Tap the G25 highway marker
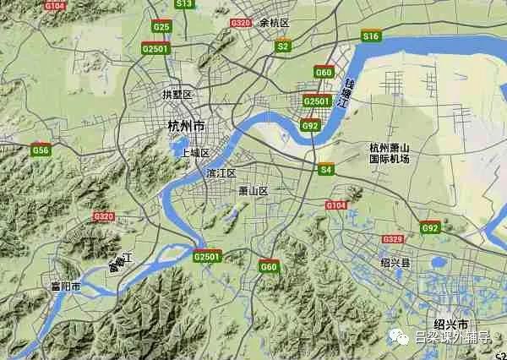point(161,28)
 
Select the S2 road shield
point(283,46)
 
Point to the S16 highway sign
point(370,36)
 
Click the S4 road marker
point(326,170)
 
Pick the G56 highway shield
point(41,150)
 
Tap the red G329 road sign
point(391,239)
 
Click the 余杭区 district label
point(274,23)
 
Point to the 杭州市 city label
point(186,126)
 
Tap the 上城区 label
point(195,153)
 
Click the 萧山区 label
point(253,191)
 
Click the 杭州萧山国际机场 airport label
point(389,152)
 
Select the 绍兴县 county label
point(394,264)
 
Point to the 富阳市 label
point(65,287)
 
